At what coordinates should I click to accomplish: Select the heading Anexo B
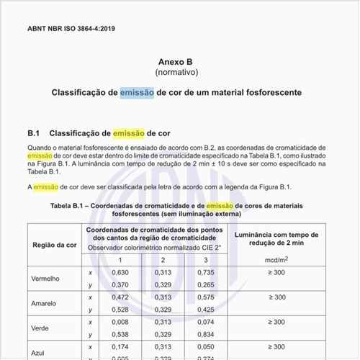click(180, 62)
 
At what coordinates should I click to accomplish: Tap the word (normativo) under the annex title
click(180, 73)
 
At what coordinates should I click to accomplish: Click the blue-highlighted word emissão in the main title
click(136, 93)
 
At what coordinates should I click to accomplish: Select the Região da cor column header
click(54, 245)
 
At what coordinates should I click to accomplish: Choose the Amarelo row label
click(44, 303)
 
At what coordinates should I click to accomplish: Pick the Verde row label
click(40, 327)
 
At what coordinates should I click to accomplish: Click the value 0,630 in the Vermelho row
click(120, 272)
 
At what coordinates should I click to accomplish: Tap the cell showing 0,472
click(120, 297)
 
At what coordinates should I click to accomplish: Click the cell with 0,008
click(120, 321)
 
